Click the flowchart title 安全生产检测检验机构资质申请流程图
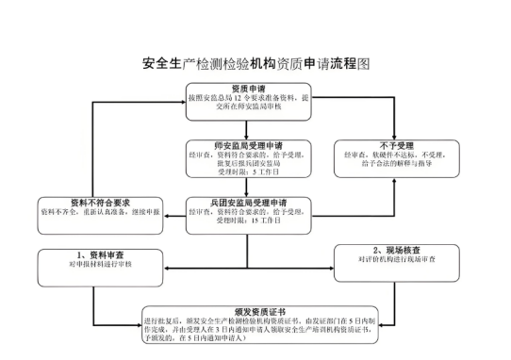click(255, 64)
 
